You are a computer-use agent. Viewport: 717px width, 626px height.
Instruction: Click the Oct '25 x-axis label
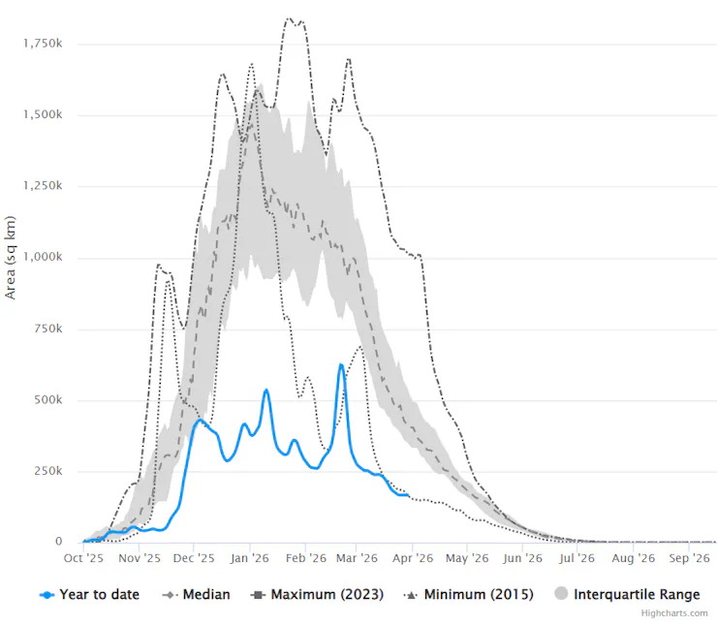(84, 558)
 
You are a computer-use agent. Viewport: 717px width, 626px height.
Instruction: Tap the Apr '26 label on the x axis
(413, 558)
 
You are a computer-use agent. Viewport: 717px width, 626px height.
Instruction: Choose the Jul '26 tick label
(577, 558)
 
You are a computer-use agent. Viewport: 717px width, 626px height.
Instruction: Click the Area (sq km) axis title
(11, 258)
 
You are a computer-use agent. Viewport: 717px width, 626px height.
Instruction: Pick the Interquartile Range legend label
(637, 594)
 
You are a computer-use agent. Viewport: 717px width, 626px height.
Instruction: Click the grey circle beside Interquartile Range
(560, 594)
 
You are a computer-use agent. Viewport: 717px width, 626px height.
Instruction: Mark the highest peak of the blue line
(341, 364)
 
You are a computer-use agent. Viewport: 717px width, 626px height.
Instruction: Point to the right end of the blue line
(408, 495)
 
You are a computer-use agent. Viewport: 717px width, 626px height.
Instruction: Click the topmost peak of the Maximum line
(289, 18)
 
